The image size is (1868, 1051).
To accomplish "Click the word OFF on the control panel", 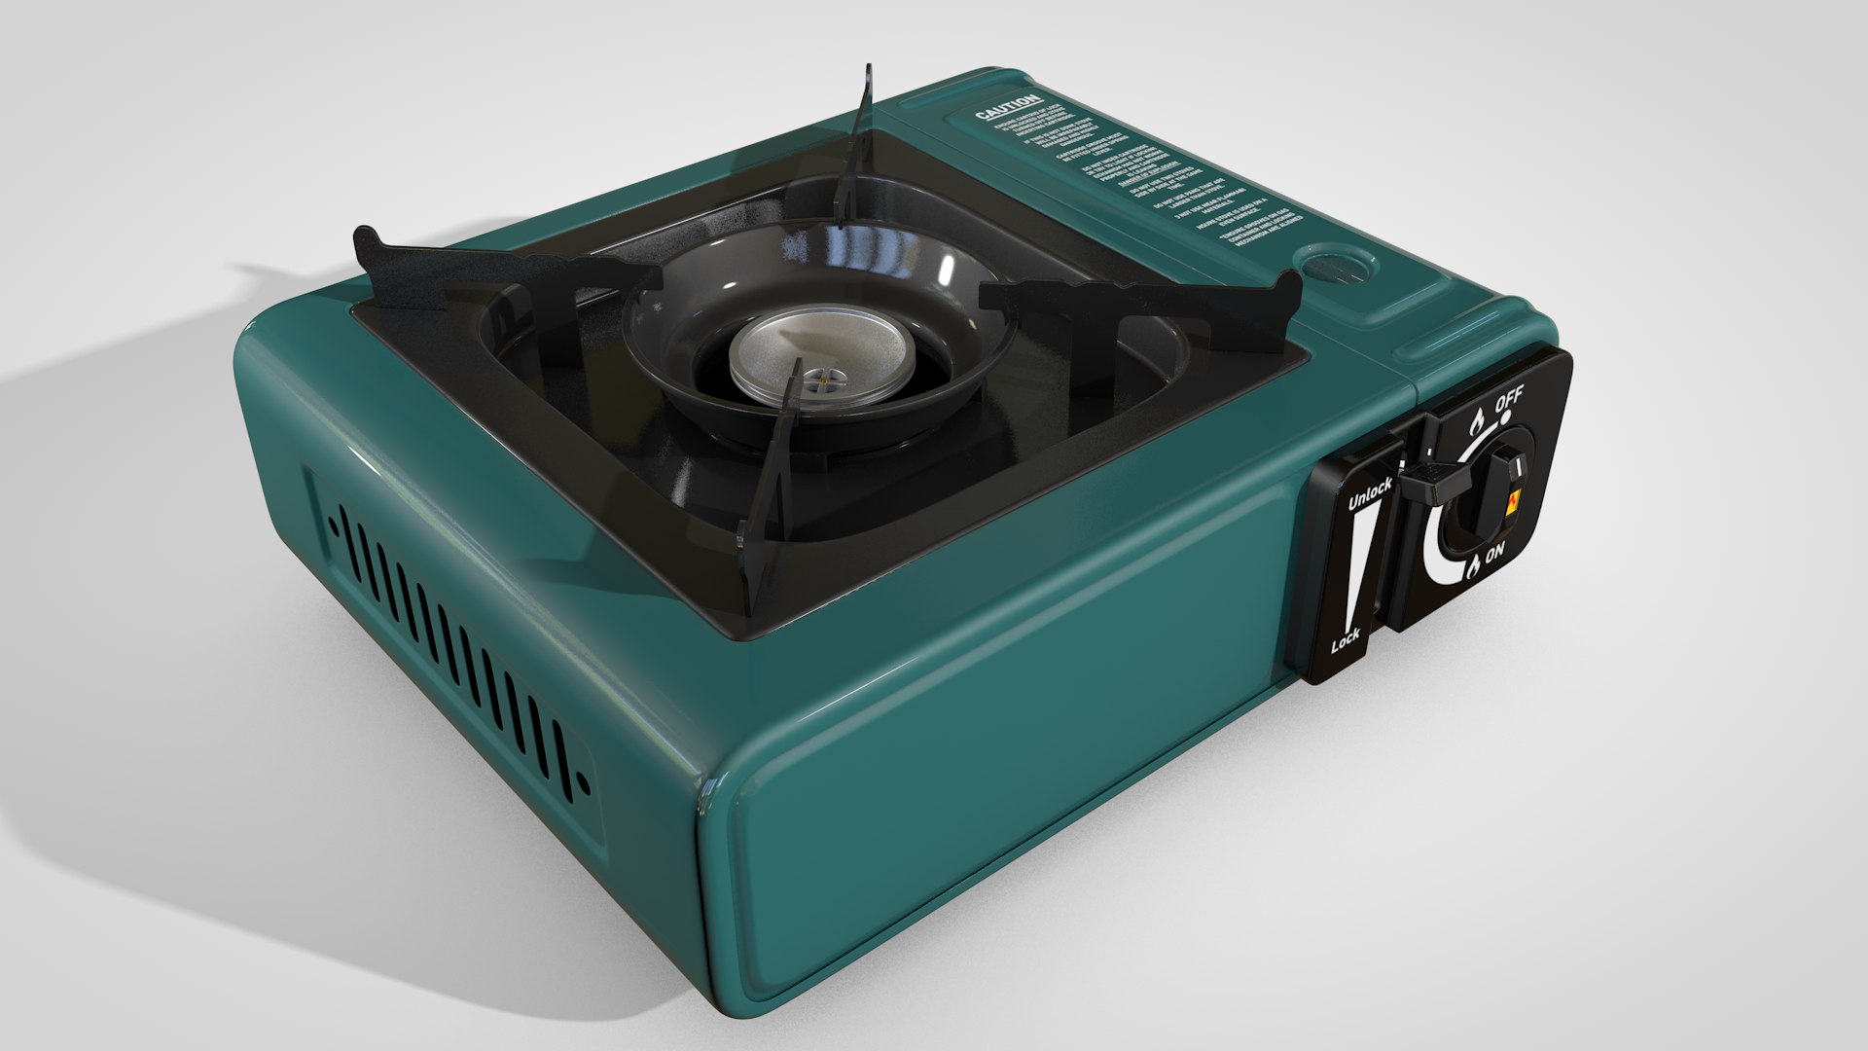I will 1509,398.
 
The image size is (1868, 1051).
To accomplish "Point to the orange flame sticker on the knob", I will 1513,502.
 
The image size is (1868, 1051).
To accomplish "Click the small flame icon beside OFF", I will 1476,421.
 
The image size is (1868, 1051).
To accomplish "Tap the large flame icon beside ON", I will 1473,564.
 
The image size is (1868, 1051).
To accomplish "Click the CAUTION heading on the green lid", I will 1009,108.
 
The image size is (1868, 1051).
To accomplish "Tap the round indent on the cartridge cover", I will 1334,265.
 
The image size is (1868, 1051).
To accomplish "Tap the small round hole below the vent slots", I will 583,780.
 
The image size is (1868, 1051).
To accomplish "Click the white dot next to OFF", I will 1505,416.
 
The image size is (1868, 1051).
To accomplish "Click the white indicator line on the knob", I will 1514,471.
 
